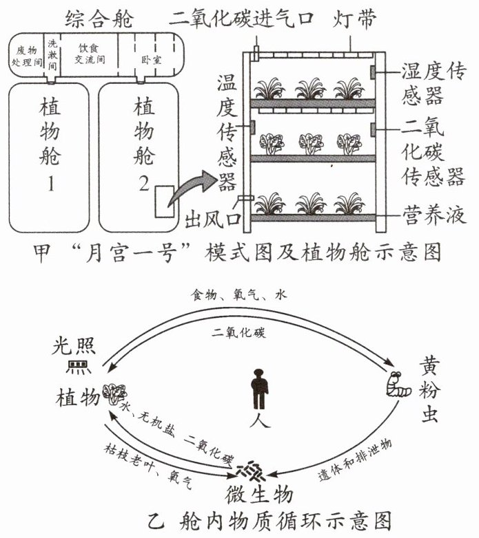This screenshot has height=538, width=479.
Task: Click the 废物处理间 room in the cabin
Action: (26, 56)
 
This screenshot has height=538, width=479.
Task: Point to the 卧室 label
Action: (151, 60)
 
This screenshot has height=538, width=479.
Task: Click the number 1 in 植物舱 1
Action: (51, 184)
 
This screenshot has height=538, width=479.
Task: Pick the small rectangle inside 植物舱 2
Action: (164, 202)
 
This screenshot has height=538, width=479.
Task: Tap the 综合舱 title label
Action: (99, 19)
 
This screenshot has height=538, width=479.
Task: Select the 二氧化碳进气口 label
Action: (241, 19)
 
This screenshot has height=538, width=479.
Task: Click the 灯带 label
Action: (354, 19)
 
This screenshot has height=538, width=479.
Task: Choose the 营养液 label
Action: (434, 215)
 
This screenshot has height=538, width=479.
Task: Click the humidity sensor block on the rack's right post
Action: (372, 72)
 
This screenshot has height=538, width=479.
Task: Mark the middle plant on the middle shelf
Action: (311, 143)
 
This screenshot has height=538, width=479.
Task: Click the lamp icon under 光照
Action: (78, 367)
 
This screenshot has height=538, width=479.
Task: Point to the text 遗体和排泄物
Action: (355, 459)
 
